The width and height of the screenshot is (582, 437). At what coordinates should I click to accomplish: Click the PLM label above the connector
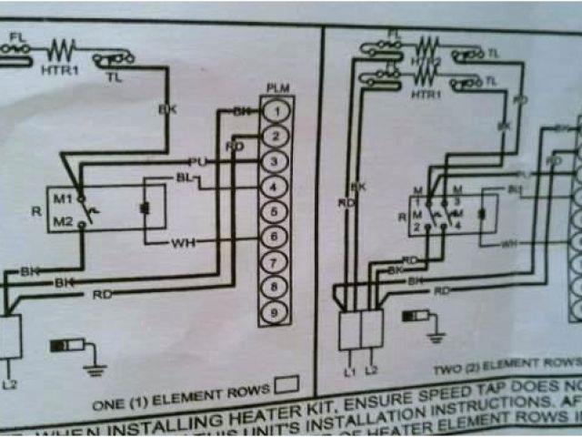pyautogui.click(x=277, y=88)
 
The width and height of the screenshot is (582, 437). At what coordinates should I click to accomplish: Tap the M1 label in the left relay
pyautogui.click(x=62, y=198)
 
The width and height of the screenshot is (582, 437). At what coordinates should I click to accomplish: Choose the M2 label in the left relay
pyautogui.click(x=62, y=221)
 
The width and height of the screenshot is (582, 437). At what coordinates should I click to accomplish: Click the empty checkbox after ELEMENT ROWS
pyautogui.click(x=287, y=387)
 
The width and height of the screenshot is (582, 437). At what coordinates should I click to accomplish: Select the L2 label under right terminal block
pyautogui.click(x=371, y=371)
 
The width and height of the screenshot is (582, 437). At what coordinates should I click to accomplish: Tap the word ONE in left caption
pyautogui.click(x=108, y=401)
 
